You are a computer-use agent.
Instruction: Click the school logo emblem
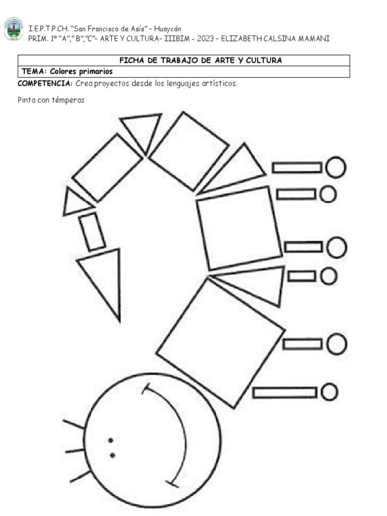[14, 29]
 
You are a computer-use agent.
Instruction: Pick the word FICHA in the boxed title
[131, 60]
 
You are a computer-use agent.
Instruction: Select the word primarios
[96, 72]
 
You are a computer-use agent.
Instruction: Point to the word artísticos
[220, 83]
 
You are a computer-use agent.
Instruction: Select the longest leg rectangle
[285, 393]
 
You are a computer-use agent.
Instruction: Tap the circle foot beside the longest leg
[330, 392]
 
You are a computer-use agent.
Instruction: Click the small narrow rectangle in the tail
[92, 232]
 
